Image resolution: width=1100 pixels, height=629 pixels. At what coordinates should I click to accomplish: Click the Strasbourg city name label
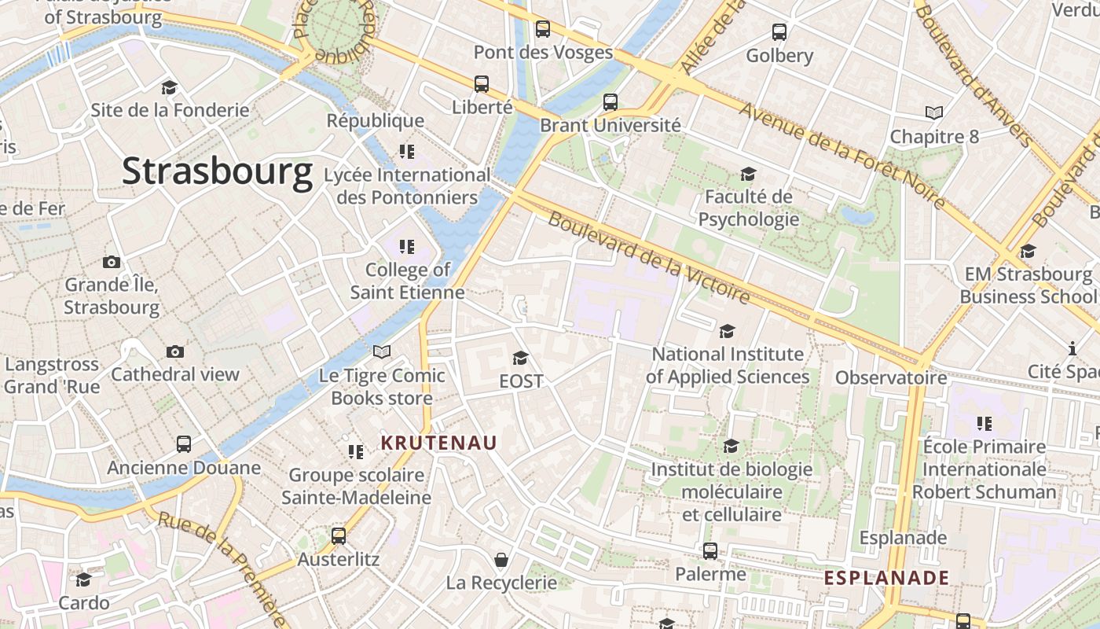[x=217, y=171]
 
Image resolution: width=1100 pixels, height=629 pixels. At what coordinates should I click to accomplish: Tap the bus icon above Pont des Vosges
[x=543, y=29]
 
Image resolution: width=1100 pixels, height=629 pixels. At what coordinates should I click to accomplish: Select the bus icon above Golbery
[x=779, y=32]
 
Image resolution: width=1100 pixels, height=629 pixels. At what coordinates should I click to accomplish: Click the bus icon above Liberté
[x=482, y=83]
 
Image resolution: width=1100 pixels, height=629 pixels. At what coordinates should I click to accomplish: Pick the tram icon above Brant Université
[x=610, y=102]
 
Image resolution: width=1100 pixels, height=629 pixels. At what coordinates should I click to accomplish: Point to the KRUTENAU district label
[x=439, y=443]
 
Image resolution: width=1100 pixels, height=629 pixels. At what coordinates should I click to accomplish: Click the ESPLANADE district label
[x=886, y=578]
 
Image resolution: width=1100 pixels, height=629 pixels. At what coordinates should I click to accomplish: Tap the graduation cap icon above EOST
[x=520, y=359]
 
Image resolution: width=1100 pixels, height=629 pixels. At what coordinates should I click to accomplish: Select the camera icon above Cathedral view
[x=174, y=351]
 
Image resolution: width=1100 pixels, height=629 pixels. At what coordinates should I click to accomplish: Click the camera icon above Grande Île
[x=112, y=262]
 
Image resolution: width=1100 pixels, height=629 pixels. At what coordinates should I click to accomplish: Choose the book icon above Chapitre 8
[x=933, y=113]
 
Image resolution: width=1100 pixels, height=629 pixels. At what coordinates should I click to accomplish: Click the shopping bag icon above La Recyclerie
[x=500, y=560]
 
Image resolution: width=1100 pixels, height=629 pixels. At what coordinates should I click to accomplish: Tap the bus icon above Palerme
[x=710, y=551]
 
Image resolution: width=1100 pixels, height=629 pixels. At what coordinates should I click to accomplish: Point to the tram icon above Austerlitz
[x=339, y=536]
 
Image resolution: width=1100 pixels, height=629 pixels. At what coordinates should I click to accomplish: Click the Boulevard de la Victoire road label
[x=649, y=257]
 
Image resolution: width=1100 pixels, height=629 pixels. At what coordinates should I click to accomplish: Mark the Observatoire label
[x=891, y=378]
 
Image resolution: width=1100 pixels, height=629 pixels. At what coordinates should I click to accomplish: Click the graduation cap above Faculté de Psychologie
[x=748, y=174]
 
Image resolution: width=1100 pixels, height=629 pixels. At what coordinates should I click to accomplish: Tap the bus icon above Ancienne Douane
[x=184, y=444]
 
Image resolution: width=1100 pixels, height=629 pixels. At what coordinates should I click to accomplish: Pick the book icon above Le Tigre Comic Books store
[x=382, y=351]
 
